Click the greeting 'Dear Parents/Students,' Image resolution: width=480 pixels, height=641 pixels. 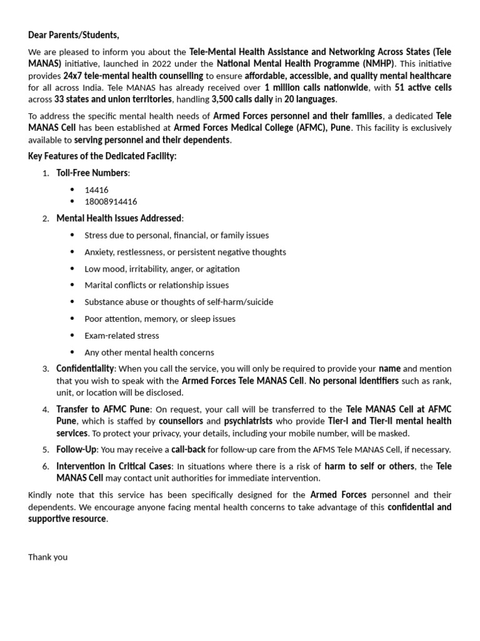73,35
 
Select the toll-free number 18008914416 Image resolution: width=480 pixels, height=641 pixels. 111,202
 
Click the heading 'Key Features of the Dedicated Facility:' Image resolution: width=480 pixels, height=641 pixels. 102,156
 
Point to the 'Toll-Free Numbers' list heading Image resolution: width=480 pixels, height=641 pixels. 92,173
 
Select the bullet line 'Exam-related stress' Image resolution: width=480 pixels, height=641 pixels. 122,336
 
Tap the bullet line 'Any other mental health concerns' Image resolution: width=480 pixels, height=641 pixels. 149,352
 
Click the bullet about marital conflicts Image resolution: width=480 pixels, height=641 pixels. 157,285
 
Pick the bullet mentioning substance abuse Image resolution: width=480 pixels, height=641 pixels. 179,302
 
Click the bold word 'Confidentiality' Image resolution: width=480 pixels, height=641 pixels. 85,369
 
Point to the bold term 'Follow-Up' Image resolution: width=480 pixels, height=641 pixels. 77,449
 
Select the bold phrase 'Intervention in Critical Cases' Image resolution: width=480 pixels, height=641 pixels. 114,466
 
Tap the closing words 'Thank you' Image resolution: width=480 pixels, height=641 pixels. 47,556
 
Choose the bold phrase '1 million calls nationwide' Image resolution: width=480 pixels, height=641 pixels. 316,88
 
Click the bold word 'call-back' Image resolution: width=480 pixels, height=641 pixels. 189,449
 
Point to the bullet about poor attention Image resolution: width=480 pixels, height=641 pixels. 160,319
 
